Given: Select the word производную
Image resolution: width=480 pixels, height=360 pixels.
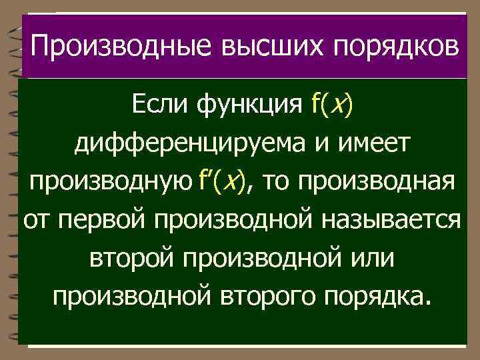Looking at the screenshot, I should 109,181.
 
